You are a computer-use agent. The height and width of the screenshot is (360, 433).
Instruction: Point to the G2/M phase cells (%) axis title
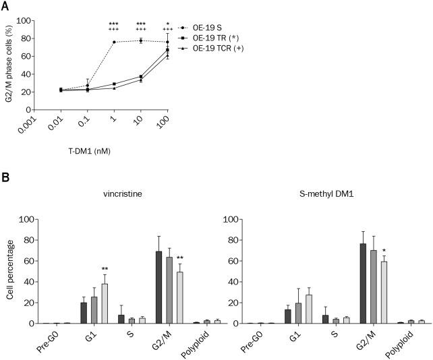tap(9, 65)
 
